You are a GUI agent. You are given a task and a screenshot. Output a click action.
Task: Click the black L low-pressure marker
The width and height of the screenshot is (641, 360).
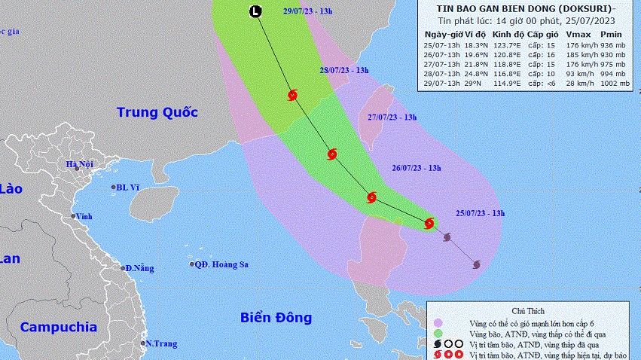[x=256, y=11]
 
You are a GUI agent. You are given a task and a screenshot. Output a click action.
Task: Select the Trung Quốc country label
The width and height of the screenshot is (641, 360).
[x=157, y=113]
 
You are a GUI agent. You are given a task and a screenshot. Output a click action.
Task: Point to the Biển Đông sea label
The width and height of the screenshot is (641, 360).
[x=276, y=318]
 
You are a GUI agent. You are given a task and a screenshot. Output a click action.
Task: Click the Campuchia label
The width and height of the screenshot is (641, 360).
[x=58, y=327]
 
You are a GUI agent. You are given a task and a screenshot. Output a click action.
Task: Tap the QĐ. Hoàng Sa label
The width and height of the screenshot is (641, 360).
[x=221, y=264]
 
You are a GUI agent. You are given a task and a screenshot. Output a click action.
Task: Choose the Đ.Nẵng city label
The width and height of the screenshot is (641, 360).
[x=140, y=268]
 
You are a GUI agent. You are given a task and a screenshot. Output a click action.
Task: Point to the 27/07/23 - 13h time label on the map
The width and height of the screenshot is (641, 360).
[x=392, y=117]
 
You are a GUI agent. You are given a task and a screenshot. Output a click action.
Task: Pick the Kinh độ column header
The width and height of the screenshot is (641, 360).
[x=507, y=35]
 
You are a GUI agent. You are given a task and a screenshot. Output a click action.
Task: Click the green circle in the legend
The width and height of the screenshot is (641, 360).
[x=438, y=332]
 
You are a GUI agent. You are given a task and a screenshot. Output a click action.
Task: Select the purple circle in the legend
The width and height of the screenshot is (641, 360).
[x=438, y=321]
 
